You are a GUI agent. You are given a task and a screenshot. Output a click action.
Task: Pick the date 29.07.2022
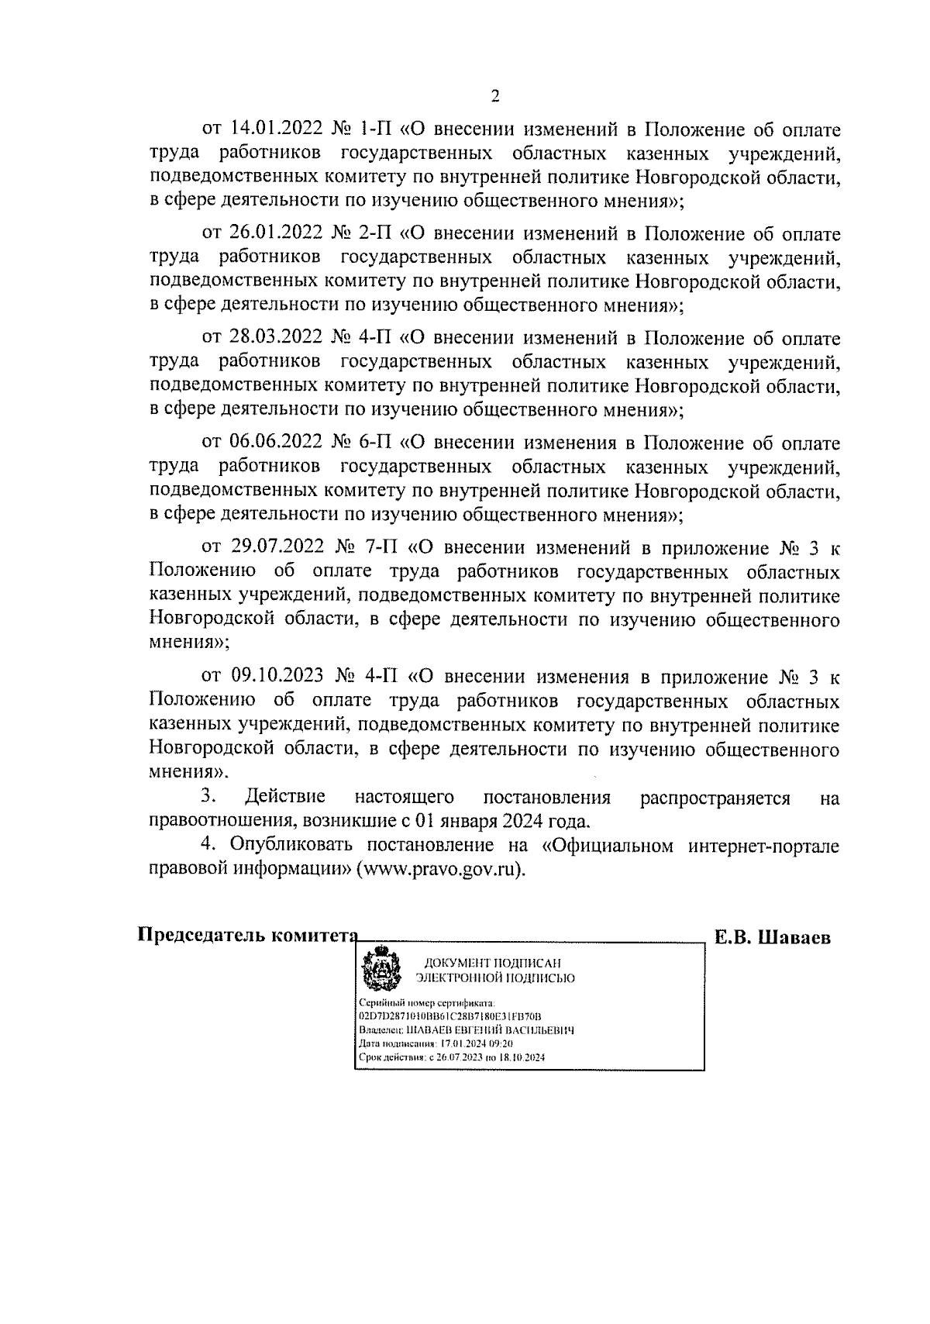pos(277,547)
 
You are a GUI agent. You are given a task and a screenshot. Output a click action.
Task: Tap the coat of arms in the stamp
pos(381,967)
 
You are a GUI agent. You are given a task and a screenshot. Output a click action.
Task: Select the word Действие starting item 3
pos(284,797)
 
